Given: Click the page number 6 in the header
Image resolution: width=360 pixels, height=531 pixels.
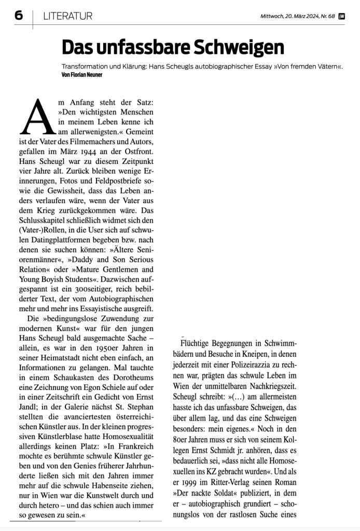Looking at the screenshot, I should [x=18, y=16].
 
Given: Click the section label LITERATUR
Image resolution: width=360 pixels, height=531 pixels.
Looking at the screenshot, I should [x=68, y=16].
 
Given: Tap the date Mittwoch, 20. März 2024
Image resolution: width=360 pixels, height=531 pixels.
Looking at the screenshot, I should [x=291, y=16].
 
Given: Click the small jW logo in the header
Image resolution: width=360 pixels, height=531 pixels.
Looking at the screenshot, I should [x=341, y=16].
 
